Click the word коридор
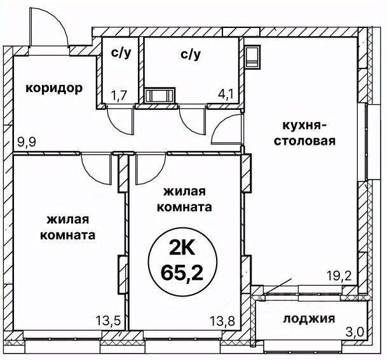(54, 88)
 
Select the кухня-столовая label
(304, 131)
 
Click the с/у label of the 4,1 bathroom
(191, 55)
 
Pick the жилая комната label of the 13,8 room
(187, 199)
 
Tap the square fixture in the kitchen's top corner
(253, 55)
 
